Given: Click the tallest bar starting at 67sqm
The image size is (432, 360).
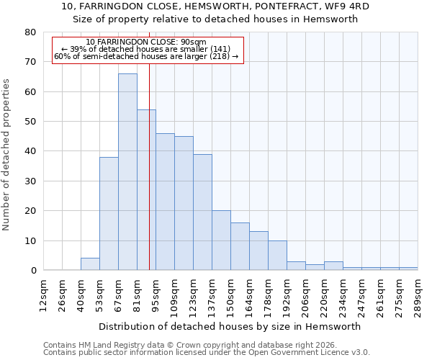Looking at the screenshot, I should (x=127, y=172).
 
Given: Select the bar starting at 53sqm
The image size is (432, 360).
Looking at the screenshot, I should (x=109, y=214).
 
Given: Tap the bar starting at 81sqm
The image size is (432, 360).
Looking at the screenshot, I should (x=146, y=190).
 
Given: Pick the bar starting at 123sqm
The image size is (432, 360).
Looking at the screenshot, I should (x=202, y=212).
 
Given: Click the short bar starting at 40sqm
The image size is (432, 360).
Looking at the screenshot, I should (x=90, y=264).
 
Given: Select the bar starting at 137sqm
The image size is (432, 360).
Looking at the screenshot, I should (x=221, y=240).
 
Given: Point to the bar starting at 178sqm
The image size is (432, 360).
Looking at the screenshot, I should (x=277, y=256).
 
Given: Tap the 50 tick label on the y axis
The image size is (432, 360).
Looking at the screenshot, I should (x=30, y=122).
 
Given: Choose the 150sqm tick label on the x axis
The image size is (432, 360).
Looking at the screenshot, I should (x=231, y=294).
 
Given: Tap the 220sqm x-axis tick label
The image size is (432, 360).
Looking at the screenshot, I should (x=325, y=294).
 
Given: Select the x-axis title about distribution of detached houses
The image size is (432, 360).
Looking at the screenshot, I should (x=230, y=326).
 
